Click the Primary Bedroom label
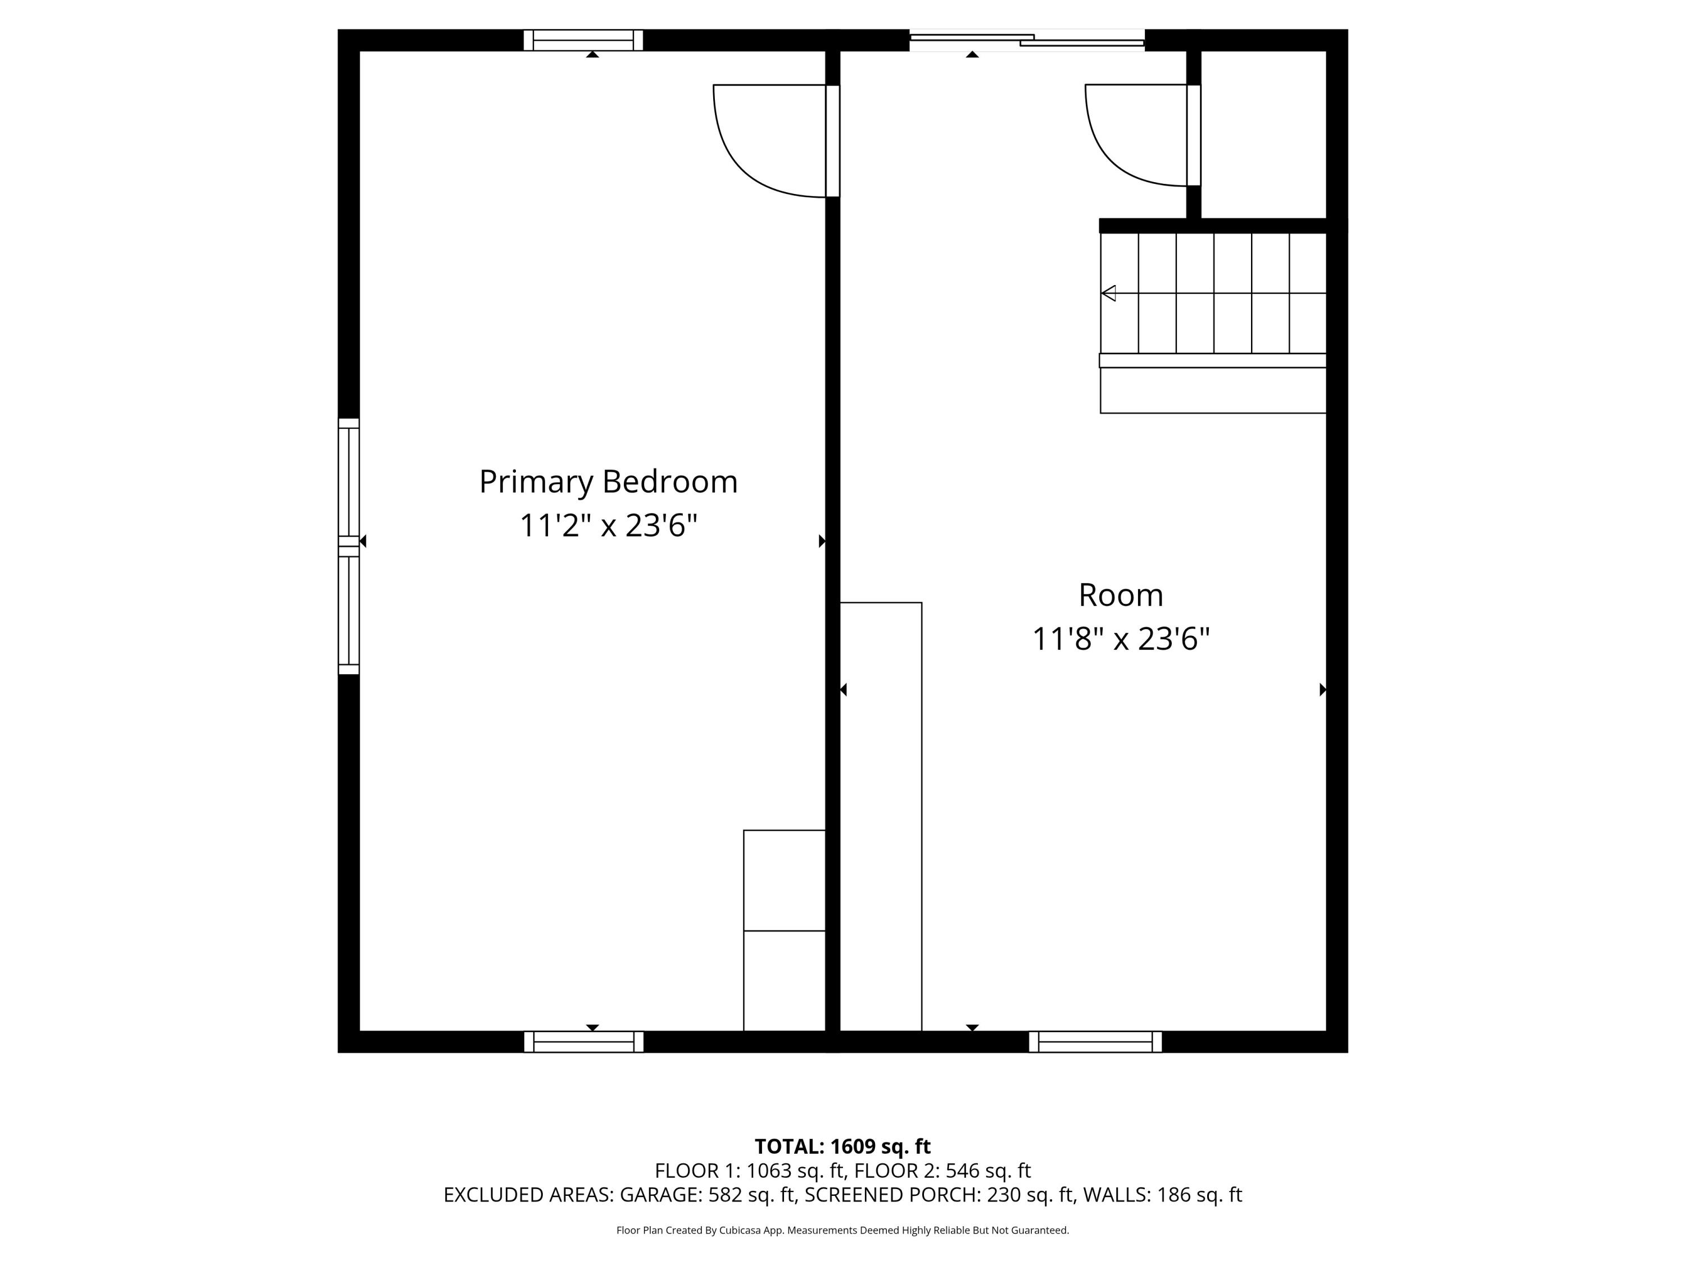pos(608,482)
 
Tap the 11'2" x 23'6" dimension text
pos(608,525)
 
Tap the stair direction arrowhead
pos(1109,293)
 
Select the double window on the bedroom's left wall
pos(348,546)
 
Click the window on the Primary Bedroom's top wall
pos(583,40)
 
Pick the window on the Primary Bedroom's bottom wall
pos(583,1042)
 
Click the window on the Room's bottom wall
pos(1095,1042)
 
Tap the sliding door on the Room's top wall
pos(1027,40)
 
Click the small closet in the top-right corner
pos(1263,133)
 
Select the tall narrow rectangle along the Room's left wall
pos(880,816)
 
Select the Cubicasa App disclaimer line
pos(842,1230)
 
